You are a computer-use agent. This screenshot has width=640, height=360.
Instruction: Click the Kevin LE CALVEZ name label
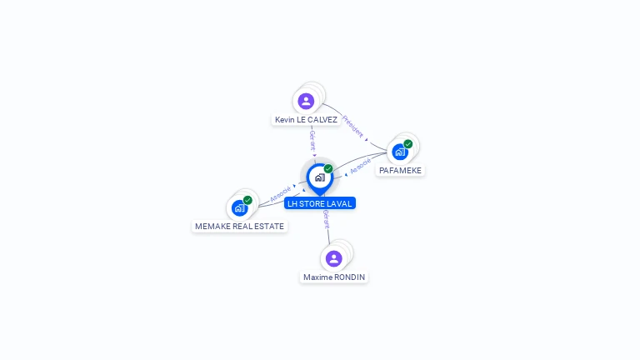(306, 120)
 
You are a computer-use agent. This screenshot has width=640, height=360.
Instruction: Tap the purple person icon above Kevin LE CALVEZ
(306, 101)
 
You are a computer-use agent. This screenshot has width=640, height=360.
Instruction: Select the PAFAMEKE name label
(400, 170)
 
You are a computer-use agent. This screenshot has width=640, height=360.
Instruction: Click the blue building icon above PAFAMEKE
(400, 152)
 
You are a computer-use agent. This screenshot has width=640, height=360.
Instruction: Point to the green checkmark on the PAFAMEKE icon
(408, 144)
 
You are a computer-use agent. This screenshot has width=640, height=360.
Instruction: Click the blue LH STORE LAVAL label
(320, 203)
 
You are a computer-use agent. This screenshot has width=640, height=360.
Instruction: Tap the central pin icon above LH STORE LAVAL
(319, 177)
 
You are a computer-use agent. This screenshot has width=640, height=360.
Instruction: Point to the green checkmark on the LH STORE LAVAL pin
(328, 168)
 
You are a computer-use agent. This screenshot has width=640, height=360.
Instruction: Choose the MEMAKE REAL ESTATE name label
(239, 226)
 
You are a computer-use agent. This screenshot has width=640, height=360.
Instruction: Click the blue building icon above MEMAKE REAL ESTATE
(240, 207)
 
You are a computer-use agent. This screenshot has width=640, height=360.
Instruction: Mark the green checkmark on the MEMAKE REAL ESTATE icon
(247, 200)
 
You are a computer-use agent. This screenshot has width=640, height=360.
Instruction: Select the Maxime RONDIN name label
(334, 277)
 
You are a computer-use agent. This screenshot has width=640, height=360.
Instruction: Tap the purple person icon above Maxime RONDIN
(334, 258)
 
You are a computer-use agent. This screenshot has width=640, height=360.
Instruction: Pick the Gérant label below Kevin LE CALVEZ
(312, 139)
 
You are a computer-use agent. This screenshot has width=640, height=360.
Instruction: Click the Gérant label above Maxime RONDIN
(327, 219)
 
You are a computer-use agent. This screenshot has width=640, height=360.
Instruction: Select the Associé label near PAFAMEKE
(360, 166)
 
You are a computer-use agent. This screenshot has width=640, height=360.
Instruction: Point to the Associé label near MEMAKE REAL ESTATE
(280, 194)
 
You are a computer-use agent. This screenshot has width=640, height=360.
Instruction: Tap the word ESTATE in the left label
(270, 226)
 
